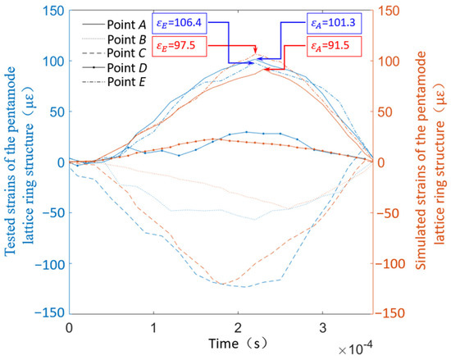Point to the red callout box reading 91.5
coord(331,47)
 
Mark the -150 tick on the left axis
coord(52,313)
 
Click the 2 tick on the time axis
coord(238,327)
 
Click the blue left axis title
coord(18,162)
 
